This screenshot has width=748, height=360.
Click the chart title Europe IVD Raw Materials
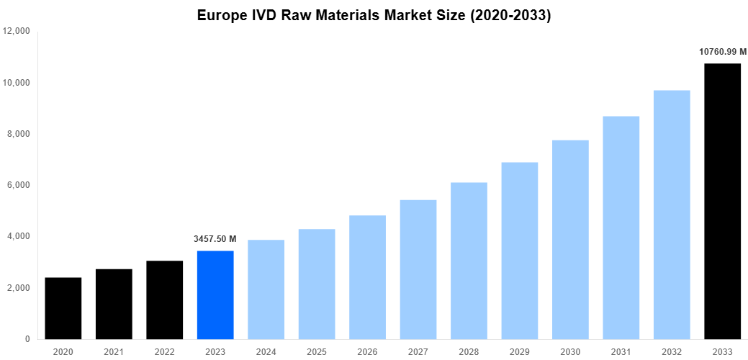[374, 15]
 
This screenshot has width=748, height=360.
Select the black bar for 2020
[63, 308]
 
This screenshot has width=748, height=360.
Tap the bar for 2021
[114, 304]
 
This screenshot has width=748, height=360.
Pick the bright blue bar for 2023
[215, 294]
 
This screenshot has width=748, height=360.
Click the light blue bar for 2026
[367, 277]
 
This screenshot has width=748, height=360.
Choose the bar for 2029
[520, 251]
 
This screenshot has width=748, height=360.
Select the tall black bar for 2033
[722, 202]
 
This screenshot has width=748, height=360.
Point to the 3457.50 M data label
[215, 238]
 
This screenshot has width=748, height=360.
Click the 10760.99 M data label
[722, 51]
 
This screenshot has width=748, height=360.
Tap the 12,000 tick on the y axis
[17, 32]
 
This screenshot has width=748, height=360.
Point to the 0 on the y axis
[27, 339]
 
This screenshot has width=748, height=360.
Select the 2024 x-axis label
[266, 351]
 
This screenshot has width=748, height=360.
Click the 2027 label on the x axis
[418, 351]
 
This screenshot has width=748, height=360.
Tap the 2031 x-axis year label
[621, 351]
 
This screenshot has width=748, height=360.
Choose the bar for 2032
[672, 215]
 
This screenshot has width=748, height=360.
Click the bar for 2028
[469, 261]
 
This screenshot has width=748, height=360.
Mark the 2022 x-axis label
[164, 351]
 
